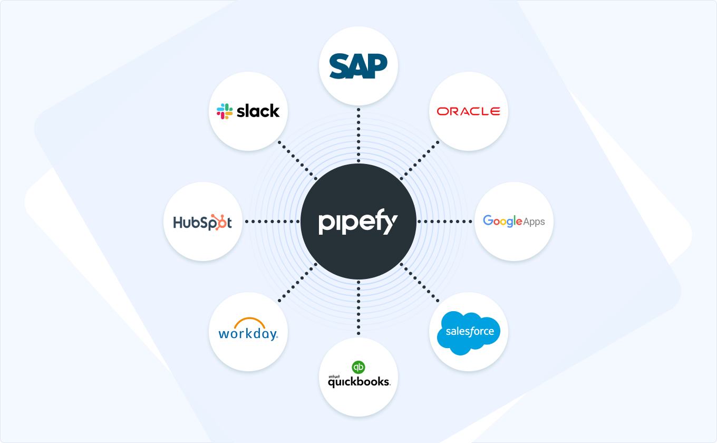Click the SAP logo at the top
click(358, 65)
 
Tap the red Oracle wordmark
click(468, 111)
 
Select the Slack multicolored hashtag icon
click(225, 111)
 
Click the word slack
click(258, 111)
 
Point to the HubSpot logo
click(202, 222)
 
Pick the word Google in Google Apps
click(502, 221)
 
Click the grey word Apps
click(534, 222)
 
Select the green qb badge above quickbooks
click(358, 367)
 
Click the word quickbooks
click(358, 382)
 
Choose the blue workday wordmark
click(248, 334)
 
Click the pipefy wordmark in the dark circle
click(358, 223)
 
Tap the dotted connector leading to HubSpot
click(272, 221)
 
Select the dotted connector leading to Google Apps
click(445, 221)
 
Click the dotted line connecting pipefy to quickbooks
click(358, 309)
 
